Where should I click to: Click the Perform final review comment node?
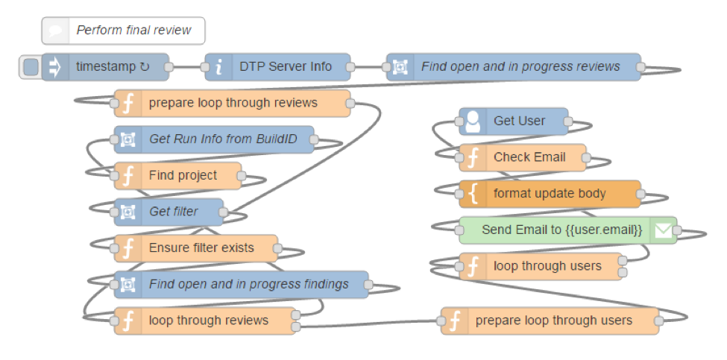(x=123, y=31)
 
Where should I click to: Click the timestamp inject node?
(x=105, y=67)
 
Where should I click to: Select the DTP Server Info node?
(x=277, y=67)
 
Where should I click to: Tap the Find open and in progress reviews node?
(x=513, y=67)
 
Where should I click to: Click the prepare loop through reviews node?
(x=233, y=104)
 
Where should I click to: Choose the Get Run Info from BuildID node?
(x=214, y=139)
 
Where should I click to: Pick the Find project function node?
(x=177, y=176)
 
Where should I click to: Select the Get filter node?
(x=169, y=212)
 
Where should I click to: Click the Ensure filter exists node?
(x=195, y=248)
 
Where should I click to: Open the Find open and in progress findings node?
(x=241, y=285)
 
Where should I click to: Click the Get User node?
(x=513, y=121)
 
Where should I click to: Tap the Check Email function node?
(x=523, y=158)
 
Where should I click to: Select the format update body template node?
(x=550, y=194)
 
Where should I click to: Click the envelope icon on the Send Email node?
(x=663, y=230)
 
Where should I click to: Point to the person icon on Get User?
(x=473, y=121)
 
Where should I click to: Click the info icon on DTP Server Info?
(x=218, y=68)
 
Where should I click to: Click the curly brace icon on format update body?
(x=473, y=194)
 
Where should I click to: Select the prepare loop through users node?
(x=550, y=320)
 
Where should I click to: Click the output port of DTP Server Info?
(x=350, y=67)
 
